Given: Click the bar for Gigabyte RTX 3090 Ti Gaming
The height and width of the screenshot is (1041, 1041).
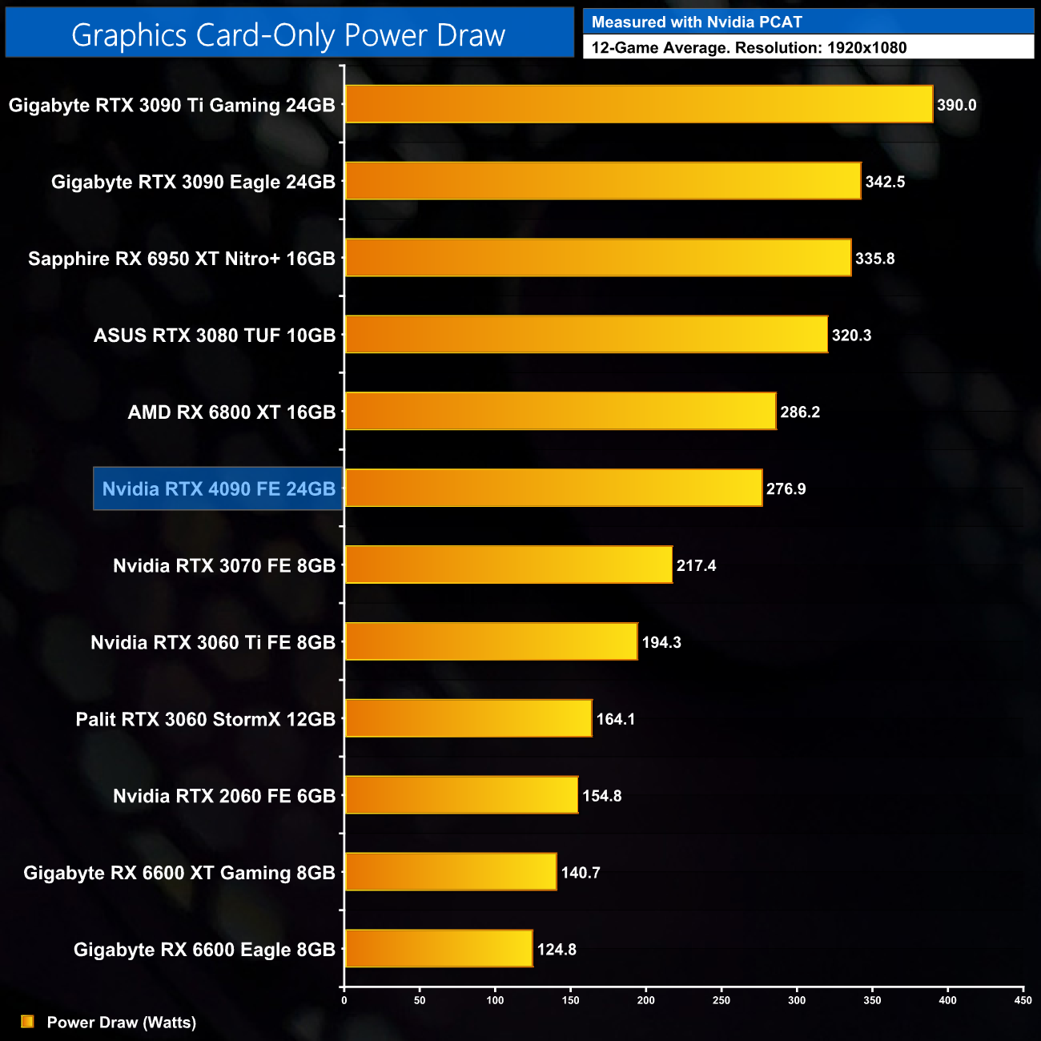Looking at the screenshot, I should (x=639, y=104).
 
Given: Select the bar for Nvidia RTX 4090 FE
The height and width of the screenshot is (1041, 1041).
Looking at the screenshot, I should (x=553, y=488).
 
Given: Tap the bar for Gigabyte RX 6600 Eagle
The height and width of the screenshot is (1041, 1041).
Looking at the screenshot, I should (x=439, y=948).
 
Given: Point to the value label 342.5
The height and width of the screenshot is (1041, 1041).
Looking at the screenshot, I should (x=885, y=182).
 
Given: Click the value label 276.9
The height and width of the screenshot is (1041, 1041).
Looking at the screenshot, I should (x=786, y=488).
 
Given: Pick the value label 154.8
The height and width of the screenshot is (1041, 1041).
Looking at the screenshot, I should (x=601, y=796).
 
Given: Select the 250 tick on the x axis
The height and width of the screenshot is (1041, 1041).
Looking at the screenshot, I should (x=721, y=999).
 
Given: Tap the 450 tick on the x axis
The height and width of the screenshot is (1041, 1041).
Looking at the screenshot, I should (x=1023, y=999).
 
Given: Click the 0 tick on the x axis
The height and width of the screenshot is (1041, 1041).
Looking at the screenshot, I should (x=344, y=999).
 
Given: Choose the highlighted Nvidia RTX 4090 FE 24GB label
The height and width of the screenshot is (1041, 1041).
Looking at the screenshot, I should (x=219, y=488).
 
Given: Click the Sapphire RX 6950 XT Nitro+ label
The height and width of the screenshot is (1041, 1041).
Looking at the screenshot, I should (x=181, y=259).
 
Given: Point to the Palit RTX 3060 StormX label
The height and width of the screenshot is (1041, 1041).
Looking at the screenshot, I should (x=205, y=719).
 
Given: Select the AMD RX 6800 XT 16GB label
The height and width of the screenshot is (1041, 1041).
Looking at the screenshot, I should (x=231, y=412).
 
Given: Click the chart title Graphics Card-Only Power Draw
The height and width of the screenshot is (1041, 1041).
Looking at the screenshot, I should (x=288, y=35).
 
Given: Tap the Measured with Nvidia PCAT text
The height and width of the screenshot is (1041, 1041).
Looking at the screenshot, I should (x=697, y=22).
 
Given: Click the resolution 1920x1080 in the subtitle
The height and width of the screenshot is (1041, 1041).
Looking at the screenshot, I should (x=866, y=48).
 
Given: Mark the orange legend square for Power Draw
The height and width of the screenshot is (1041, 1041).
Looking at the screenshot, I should (x=27, y=1021).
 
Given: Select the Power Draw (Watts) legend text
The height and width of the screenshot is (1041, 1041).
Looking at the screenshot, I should (x=121, y=1022).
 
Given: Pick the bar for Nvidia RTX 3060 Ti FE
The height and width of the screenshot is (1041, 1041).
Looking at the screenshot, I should (x=491, y=641).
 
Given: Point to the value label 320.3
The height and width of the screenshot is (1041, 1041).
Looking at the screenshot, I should (x=851, y=336).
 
